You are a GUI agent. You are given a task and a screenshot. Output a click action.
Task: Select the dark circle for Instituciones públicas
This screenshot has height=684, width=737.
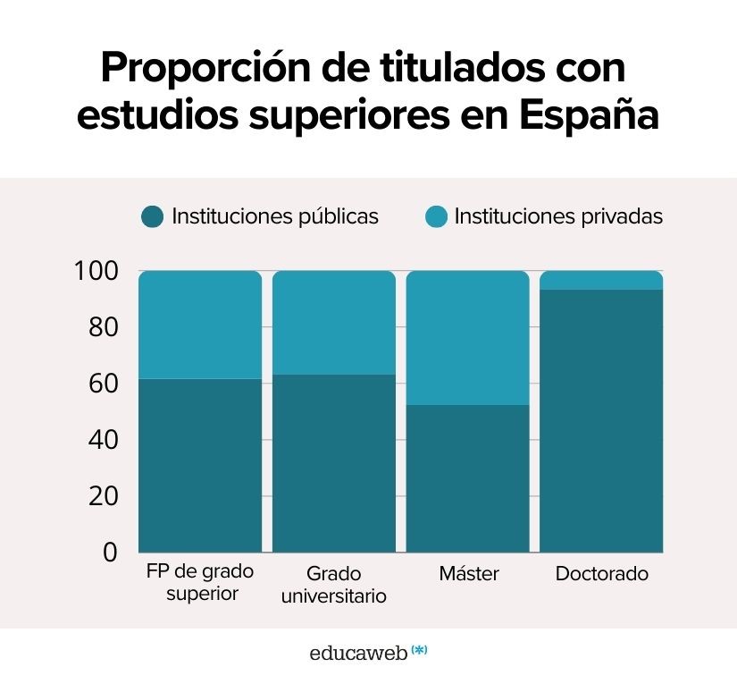pyautogui.click(x=153, y=216)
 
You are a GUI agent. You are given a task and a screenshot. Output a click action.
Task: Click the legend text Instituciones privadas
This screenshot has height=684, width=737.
pyautogui.click(x=558, y=216)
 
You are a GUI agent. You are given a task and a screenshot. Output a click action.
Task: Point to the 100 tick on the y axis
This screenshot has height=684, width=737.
pyautogui.click(x=96, y=271)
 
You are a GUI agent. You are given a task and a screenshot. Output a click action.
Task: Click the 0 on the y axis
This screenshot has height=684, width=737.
pyautogui.click(x=110, y=553)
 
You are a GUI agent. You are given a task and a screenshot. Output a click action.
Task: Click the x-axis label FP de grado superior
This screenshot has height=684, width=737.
pyautogui.click(x=200, y=582)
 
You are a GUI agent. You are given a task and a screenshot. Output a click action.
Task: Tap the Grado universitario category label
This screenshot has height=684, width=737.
pyautogui.click(x=333, y=584)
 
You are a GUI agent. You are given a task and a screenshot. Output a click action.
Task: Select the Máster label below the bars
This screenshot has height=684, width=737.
pyautogui.click(x=468, y=573)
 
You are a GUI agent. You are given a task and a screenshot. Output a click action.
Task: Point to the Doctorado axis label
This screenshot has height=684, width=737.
pyautogui.click(x=601, y=573)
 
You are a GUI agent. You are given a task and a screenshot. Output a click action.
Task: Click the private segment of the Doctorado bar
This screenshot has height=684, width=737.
pyautogui.click(x=601, y=280)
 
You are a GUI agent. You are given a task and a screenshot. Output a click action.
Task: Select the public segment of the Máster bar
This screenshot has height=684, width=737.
pyautogui.click(x=468, y=478)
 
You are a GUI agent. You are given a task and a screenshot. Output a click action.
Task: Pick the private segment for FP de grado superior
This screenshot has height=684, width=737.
pyautogui.click(x=200, y=325)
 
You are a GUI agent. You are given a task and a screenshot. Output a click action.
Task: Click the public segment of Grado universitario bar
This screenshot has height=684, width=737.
pyautogui.click(x=333, y=463)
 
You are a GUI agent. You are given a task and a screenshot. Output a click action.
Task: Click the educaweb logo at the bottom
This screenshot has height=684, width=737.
pyautogui.click(x=367, y=653)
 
